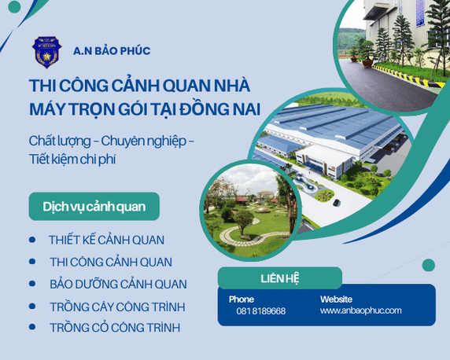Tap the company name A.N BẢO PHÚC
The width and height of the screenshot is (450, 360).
[x=112, y=51]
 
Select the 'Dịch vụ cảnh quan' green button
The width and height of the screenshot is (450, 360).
[x=93, y=206]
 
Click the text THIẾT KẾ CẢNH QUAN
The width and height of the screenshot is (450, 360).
[x=106, y=240]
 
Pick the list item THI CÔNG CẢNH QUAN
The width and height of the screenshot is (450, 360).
[x=110, y=262]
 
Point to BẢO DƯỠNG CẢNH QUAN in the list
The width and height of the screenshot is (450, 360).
[x=118, y=284]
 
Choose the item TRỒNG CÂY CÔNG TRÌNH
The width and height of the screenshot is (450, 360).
[x=117, y=306]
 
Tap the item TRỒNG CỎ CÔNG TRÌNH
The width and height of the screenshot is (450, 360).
[x=114, y=327]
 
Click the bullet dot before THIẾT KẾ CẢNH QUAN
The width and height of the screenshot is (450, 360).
[x=32, y=240]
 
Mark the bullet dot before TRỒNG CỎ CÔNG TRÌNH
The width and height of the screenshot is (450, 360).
[x=32, y=327]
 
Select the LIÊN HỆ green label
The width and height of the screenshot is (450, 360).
[x=279, y=278]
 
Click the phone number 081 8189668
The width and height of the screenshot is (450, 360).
[x=261, y=311]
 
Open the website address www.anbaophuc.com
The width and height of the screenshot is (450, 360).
[x=360, y=310]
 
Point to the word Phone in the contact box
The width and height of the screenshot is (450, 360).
[x=242, y=299]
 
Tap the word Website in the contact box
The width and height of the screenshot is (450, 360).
[x=336, y=299]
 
